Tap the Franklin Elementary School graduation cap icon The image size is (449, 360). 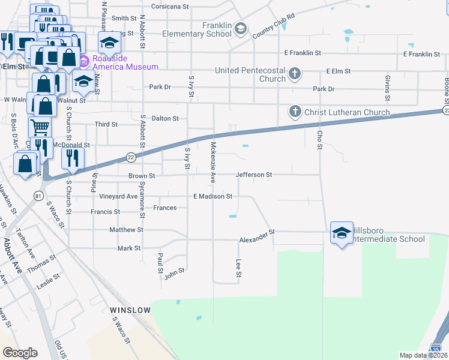coord(241,28)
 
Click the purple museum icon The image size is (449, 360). coord(84,61)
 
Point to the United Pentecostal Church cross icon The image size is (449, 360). coord(294,74)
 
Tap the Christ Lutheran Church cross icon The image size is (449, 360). coord(295,112)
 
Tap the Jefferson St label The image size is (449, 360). coord(254,175)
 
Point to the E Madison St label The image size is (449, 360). coord(212,196)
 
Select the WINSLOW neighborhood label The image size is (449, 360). coord(130,310)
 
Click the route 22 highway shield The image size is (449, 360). coord(131,157)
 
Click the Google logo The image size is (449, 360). coord(20,352)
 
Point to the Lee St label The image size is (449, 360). coord(238,268)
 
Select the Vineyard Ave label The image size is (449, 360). coord(118,196)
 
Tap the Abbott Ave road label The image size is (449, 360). coord(13,256)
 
